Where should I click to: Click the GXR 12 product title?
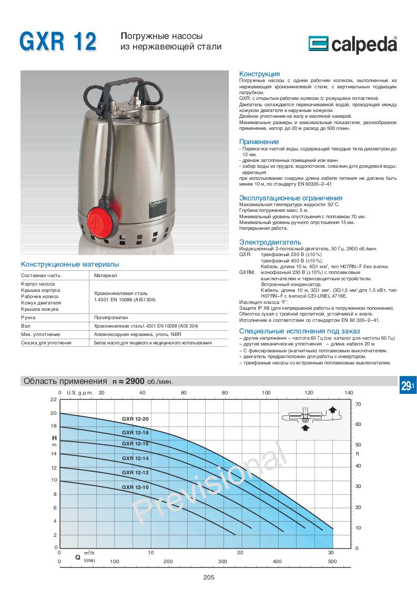coord(58,41)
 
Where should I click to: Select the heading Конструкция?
coord(259,74)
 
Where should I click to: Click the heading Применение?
coord(259,142)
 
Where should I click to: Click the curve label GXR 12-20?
coord(135,419)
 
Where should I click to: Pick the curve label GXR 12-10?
coord(135,487)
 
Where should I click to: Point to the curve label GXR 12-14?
coord(135,459)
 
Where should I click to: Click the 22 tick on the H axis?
coord(53,400)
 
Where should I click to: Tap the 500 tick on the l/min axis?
coord(332,562)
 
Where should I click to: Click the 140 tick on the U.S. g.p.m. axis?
coord(349,393)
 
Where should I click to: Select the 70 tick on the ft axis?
coord(358,404)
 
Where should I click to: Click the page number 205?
coord(208,577)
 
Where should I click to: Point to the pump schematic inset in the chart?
coord(309,416)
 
